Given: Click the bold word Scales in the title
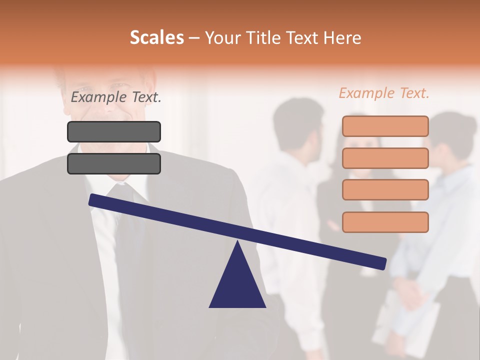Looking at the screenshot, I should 156,37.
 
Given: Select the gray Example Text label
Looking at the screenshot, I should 116,97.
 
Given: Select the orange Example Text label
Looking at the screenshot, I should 384,93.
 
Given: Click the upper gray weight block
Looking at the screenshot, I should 114,131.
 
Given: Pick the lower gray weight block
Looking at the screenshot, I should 114,163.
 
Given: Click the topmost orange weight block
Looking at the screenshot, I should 385,126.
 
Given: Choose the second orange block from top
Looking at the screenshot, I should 385,158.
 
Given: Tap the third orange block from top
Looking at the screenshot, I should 385,189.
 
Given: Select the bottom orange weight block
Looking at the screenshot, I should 385,222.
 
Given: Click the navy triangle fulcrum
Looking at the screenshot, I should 237,285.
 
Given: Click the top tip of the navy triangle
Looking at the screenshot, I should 238,242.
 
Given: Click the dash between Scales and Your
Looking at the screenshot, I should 194,38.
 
